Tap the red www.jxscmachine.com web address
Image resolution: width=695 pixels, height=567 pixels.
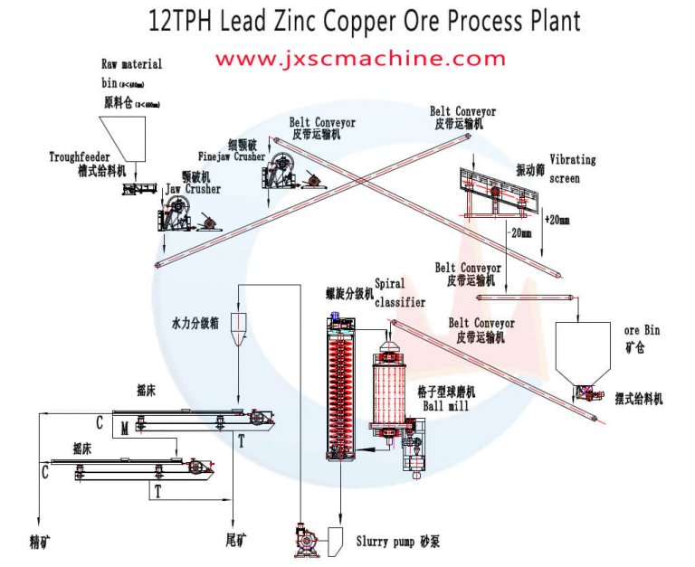[x=359, y=59]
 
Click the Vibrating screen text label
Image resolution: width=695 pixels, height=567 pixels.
[x=573, y=169]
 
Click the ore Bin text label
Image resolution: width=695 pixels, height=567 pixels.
[x=643, y=330]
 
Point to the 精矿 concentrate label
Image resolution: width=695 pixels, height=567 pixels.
[x=40, y=542]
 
